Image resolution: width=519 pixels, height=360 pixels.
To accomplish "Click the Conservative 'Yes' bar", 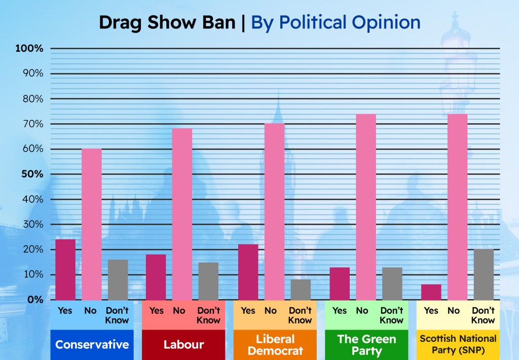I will click(x=65, y=269).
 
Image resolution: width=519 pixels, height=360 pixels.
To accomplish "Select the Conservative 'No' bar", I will click(x=92, y=224).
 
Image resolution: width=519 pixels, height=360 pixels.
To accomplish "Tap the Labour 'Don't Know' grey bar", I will click(x=208, y=281).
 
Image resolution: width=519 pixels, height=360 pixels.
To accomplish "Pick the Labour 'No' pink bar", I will click(x=182, y=214).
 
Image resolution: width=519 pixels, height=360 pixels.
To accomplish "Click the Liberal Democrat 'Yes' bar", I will click(x=248, y=272).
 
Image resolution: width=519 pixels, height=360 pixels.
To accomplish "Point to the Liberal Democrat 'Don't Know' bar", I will click(x=301, y=290).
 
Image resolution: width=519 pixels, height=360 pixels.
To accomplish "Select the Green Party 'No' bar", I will click(x=366, y=207).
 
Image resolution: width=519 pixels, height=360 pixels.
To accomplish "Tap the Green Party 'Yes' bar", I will click(x=340, y=283).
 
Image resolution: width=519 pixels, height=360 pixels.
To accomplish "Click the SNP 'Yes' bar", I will click(x=431, y=292).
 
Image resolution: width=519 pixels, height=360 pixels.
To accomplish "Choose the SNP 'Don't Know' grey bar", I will click(x=484, y=274).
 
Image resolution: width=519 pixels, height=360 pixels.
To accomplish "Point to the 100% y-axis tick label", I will click(x=29, y=49).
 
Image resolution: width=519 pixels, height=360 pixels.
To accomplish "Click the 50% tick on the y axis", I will click(x=31, y=174).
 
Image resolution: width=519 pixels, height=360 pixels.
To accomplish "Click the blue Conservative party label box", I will click(x=92, y=345).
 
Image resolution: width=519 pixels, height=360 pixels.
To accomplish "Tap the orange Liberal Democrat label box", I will click(x=275, y=345).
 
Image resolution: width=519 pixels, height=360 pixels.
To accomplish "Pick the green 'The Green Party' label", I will click(x=366, y=345).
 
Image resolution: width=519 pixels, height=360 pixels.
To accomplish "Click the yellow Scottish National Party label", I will click(x=458, y=345).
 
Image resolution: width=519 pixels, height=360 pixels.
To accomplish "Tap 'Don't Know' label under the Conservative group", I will click(x=117, y=315).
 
